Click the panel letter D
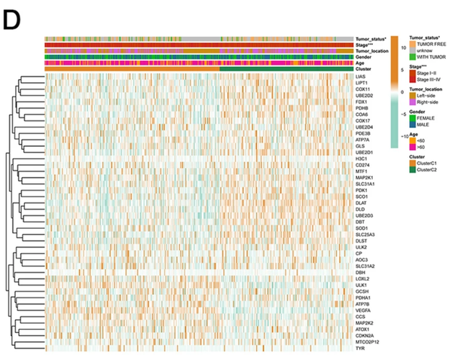(14, 20)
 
